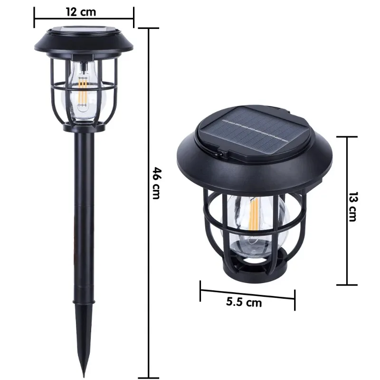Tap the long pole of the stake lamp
pos(84,214)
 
